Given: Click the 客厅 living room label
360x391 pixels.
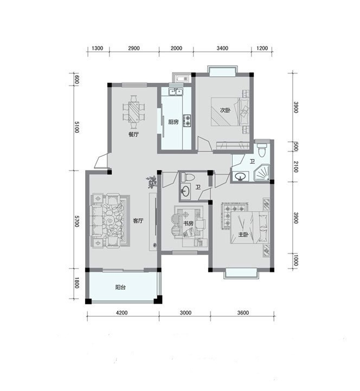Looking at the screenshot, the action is click(138, 221).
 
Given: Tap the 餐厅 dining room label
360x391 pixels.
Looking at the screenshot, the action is click(133, 134).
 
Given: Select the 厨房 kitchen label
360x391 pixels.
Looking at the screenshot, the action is click(173, 122).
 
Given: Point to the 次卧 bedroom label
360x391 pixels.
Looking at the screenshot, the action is click(225, 110).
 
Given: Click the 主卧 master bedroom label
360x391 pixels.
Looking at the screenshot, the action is click(243, 234).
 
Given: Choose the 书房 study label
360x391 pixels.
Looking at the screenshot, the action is click(189, 224).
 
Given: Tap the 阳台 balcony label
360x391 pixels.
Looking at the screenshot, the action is click(120, 287).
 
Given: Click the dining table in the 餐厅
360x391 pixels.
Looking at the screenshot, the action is click(133, 112).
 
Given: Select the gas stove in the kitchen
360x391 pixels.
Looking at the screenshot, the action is click(187, 120).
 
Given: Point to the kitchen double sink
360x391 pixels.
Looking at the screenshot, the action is click(176, 92).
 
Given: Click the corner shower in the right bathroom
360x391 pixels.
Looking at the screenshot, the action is click(262, 173).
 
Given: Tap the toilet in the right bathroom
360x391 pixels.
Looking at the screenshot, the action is click(262, 149).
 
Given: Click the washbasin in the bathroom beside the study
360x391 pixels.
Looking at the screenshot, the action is click(185, 192).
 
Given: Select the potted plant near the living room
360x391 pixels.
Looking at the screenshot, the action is click(152, 182).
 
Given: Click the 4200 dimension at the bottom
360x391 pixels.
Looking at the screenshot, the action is click(122, 312).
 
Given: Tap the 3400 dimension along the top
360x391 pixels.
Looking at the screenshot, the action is click(222, 48).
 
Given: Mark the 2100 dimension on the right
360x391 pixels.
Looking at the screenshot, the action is click(295, 167).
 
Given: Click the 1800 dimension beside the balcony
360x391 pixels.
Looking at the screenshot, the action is click(76, 283).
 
